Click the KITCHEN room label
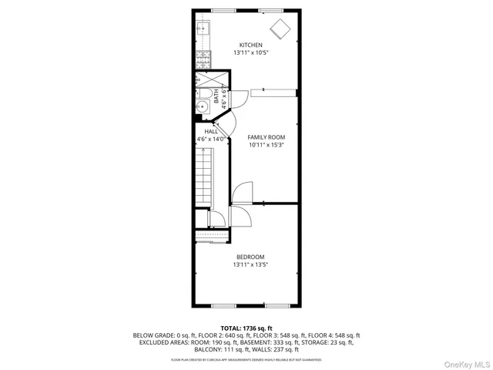(x=250, y=45)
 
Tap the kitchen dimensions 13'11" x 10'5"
(x=250, y=53)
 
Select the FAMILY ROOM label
(x=260, y=136)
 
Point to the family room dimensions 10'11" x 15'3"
(x=260, y=145)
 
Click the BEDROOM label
(x=250, y=257)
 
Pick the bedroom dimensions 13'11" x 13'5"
(x=250, y=265)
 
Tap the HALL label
(x=210, y=132)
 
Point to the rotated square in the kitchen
(x=280, y=29)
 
